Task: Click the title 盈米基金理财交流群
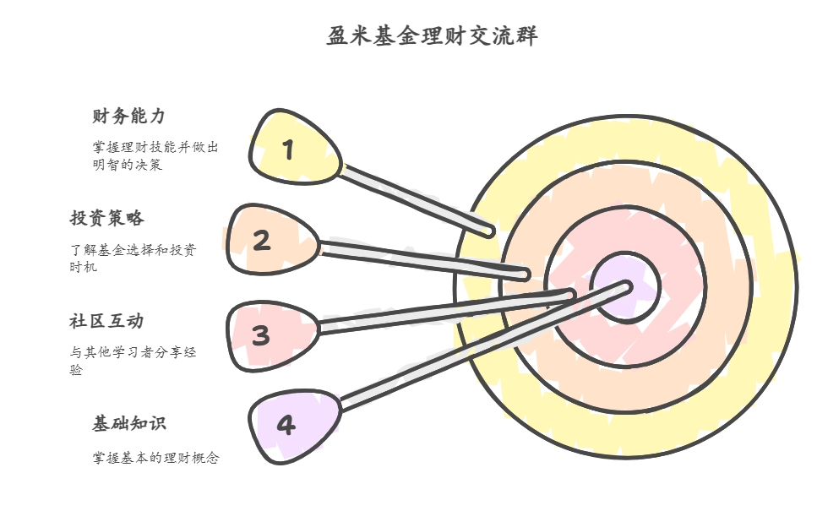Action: coord(432,37)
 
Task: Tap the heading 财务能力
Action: coord(128,117)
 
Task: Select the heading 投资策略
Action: coord(106,219)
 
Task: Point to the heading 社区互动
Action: coord(106,322)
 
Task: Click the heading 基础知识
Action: coord(129,424)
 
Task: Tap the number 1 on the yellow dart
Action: coord(289,150)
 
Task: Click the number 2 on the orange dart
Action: coord(262,242)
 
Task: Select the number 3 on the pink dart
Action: coord(261,336)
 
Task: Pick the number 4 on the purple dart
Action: coord(286,425)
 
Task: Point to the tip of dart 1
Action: coord(489,230)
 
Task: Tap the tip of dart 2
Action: coord(525,275)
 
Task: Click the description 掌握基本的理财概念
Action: coord(155,458)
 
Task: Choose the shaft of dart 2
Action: coord(422,260)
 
